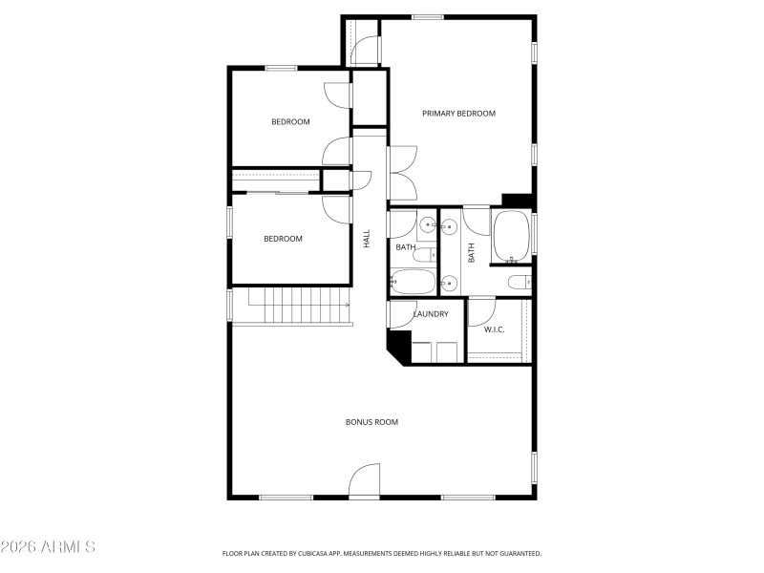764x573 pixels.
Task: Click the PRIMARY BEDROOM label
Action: click(x=459, y=114)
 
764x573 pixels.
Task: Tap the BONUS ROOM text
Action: click(x=371, y=421)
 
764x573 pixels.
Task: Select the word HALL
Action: click(x=367, y=239)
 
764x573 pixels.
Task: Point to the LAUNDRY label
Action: click(x=431, y=314)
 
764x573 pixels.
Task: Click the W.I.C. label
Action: click(x=494, y=329)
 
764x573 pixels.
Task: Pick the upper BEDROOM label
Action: click(x=290, y=121)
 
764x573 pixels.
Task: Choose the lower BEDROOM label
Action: click(x=283, y=239)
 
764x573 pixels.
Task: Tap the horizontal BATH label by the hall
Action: click(x=406, y=248)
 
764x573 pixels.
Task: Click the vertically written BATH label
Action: click(x=472, y=253)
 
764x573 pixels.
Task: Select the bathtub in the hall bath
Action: click(x=413, y=283)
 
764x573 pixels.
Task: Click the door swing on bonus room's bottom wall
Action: click(x=364, y=481)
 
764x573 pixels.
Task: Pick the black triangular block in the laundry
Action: click(x=396, y=344)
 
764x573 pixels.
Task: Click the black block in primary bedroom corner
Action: click(x=516, y=200)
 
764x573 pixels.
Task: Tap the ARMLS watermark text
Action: click(x=48, y=547)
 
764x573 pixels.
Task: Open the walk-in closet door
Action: click(x=481, y=313)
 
